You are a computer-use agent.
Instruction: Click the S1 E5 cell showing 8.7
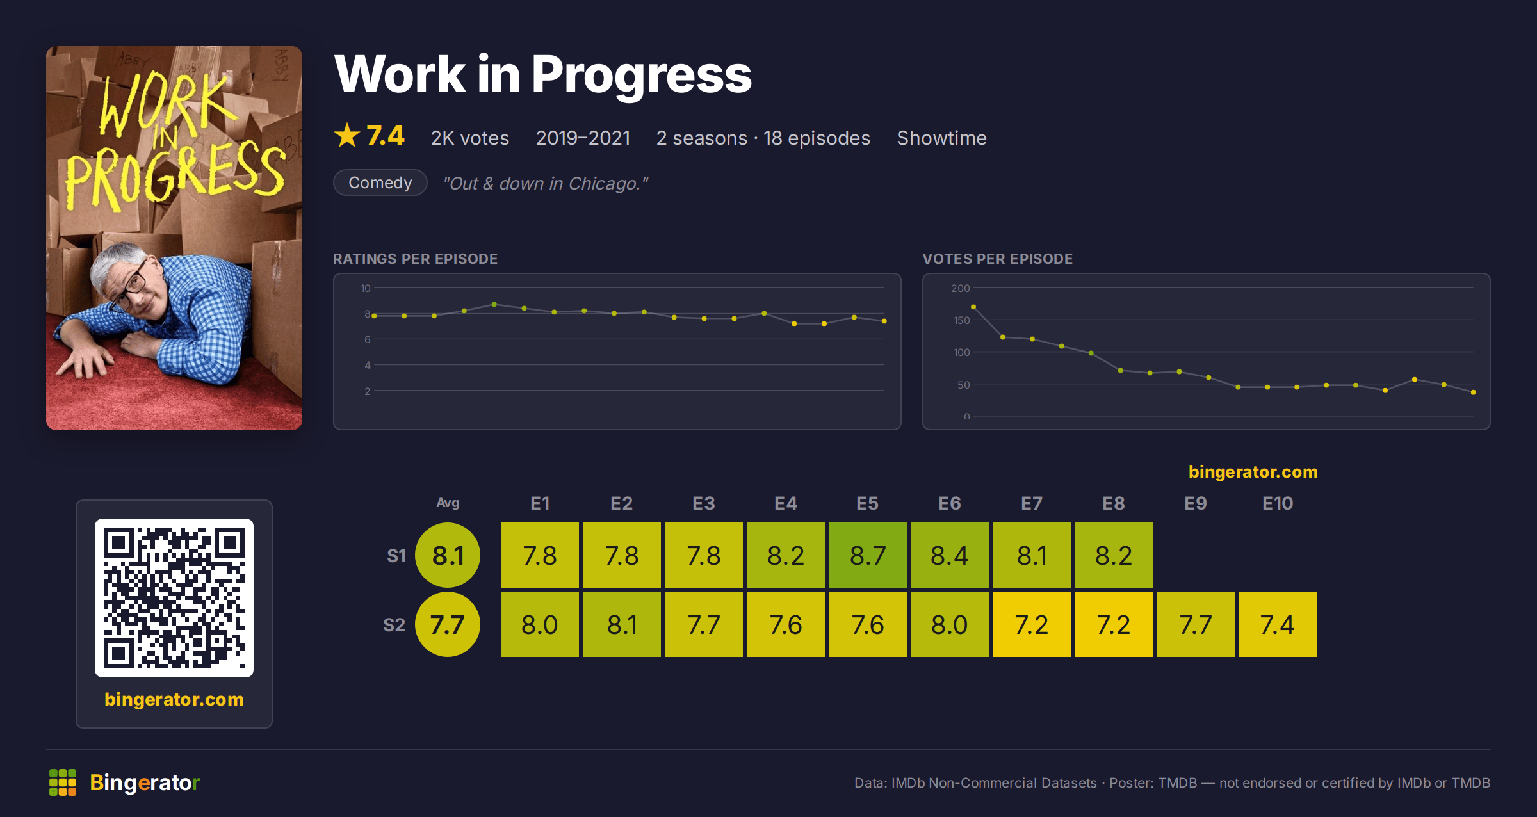click(868, 555)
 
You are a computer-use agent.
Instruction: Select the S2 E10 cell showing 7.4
click(1278, 624)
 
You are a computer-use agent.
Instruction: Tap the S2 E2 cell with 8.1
click(622, 624)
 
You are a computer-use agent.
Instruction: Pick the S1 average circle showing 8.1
click(448, 555)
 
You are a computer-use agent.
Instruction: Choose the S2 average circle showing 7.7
click(448, 624)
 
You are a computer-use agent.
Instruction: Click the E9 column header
click(1196, 503)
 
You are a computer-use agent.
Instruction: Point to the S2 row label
click(394, 625)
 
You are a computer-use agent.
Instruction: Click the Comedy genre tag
click(380, 182)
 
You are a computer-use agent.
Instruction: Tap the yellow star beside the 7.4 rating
click(347, 135)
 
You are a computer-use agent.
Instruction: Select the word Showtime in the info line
click(941, 138)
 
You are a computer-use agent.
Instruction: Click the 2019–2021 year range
click(583, 138)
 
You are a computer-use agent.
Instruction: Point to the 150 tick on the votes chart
click(961, 320)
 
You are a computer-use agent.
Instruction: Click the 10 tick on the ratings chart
click(365, 288)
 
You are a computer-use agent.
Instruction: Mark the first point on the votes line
click(973, 307)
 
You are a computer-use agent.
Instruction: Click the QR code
click(174, 598)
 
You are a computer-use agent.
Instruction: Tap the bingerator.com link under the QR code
click(174, 699)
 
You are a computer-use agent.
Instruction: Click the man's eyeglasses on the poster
click(128, 287)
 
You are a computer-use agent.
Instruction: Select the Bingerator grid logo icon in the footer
click(63, 782)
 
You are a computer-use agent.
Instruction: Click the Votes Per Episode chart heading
click(997, 259)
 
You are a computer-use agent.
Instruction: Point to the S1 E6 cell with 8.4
click(950, 555)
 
